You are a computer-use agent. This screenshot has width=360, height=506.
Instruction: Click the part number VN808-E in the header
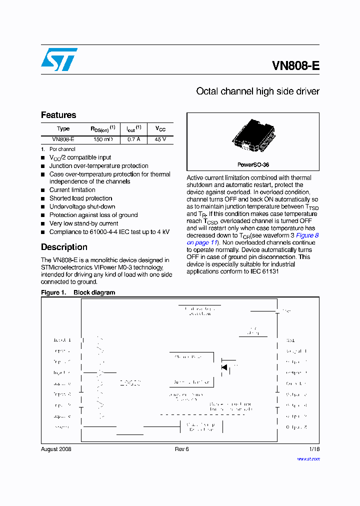pos(295,66)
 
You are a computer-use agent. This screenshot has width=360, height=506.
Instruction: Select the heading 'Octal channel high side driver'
pos(257,91)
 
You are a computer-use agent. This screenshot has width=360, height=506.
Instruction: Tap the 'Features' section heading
pos(58,115)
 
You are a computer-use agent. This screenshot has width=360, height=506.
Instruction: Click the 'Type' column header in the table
pos(63,129)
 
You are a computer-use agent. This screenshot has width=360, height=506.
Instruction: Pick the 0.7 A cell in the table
pos(133,140)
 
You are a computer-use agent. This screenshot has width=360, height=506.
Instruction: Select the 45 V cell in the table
pos(160,140)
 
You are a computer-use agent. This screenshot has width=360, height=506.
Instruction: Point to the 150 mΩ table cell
pos(103,140)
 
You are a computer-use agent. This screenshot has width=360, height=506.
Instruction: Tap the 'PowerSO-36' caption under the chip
pos(253,164)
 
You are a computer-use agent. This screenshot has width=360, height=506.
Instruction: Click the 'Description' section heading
pos(64,247)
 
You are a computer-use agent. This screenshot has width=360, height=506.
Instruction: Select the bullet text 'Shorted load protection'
pos(80,198)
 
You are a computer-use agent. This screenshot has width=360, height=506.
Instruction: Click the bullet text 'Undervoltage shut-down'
pos(82,206)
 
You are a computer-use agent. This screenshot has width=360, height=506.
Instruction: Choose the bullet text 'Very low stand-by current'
pos(83,223)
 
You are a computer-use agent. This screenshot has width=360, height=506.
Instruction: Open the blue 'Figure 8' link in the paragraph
pos(307,235)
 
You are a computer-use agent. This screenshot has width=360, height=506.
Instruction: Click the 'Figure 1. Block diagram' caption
pos(78,292)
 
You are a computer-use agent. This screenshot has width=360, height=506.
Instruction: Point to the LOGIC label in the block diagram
pos(130,383)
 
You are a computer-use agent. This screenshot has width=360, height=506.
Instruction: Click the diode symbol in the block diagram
pos(224,367)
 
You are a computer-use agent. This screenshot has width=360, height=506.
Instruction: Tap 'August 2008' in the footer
pos(56,449)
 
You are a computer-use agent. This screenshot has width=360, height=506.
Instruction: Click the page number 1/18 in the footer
pos(314,449)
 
